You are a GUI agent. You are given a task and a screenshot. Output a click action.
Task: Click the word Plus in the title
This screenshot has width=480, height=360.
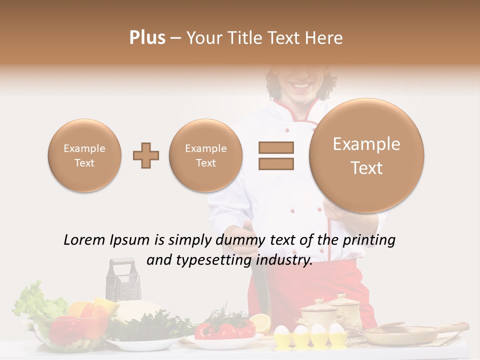pos(147,38)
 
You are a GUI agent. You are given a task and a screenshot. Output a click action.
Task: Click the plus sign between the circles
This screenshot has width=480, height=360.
pos(146,155)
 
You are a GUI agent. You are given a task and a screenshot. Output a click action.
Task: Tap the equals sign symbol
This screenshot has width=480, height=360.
pos(276,155)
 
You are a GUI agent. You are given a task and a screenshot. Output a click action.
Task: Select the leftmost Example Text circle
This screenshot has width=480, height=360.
pos(84,155)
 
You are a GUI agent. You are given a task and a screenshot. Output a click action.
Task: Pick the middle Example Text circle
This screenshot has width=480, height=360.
pos(206,155)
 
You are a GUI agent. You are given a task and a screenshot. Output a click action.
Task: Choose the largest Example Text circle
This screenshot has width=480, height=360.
pos(366,155)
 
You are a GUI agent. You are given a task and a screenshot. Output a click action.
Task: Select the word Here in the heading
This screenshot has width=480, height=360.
pos(325,38)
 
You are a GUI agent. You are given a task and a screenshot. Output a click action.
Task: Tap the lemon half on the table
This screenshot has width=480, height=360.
pos(260,323)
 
